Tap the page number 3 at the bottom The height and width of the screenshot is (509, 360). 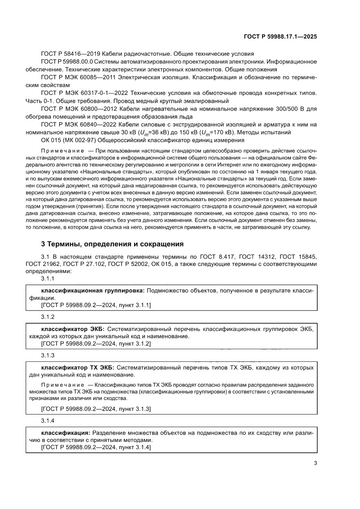coord(315,463)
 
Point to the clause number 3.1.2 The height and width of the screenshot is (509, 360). coord(47,317)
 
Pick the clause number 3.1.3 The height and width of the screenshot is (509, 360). coord(47,355)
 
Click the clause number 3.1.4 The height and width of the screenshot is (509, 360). coord(47,421)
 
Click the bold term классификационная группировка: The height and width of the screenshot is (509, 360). coord(93,290)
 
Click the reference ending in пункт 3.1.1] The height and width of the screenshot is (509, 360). coord(96,305)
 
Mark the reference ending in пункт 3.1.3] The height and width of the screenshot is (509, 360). coord(96,409)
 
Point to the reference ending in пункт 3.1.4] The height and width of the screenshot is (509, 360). coord(96,448)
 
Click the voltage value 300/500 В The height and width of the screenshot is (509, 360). coord(286,108)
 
